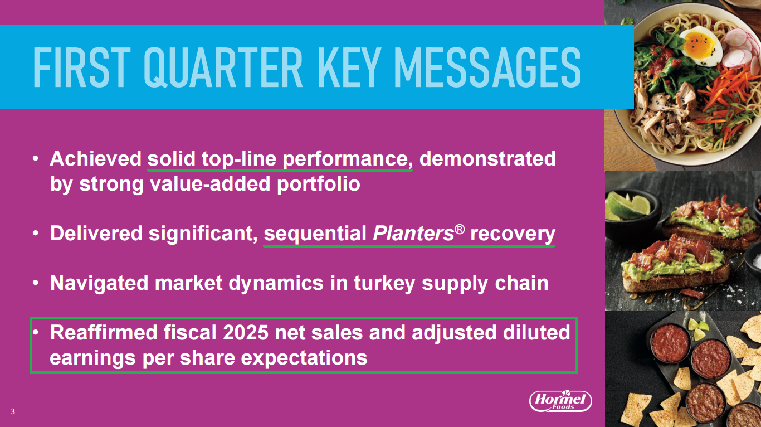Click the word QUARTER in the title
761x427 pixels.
[x=222, y=67]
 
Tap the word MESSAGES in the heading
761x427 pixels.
[x=487, y=67]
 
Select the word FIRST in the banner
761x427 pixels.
[x=81, y=67]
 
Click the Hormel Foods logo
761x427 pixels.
[x=560, y=401]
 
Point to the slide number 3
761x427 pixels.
[x=13, y=411]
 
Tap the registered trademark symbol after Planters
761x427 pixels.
[x=459, y=229]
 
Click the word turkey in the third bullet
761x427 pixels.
[x=384, y=284]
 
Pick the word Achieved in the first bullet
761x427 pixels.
[x=95, y=159]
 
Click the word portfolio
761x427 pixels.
[x=318, y=185]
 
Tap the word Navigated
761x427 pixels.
[x=99, y=284]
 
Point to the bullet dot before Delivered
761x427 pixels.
[x=36, y=234]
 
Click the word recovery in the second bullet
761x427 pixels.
[x=513, y=234]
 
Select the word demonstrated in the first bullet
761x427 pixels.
[x=488, y=159]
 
